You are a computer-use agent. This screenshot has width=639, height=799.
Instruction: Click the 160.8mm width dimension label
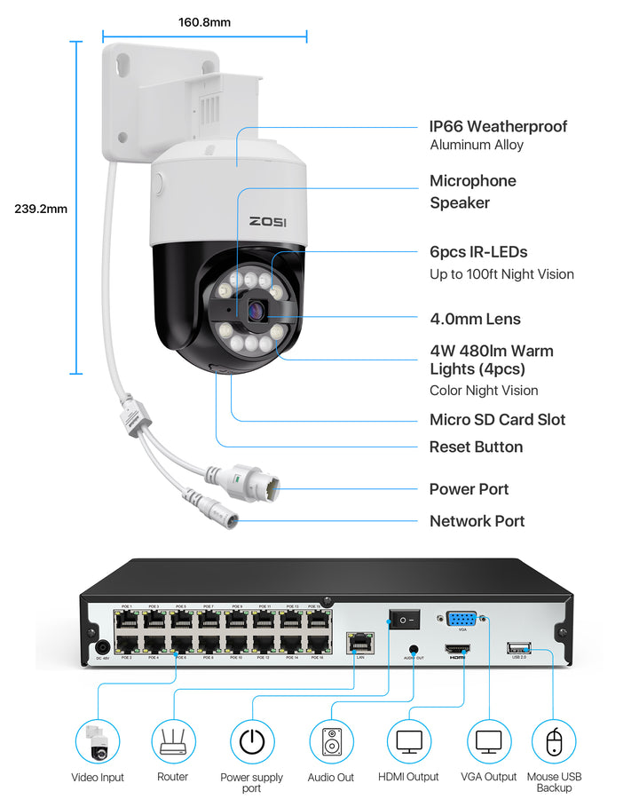point(204,20)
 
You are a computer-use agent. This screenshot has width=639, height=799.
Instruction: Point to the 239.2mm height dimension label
point(41,210)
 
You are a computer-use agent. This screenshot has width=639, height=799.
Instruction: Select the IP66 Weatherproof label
point(498,127)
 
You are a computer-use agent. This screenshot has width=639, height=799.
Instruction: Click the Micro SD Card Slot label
point(497,420)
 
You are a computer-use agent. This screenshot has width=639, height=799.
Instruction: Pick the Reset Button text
point(476,447)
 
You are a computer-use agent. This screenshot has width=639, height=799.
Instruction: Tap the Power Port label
point(469,489)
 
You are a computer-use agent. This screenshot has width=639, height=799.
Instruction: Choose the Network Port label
point(477,521)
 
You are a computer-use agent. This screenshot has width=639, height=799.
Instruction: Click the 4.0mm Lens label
point(475,319)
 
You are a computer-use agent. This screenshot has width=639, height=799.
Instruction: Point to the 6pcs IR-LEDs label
point(478,252)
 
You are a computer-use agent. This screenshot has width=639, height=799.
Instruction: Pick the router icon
point(173,740)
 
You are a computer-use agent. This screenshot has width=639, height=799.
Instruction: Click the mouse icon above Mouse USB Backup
point(554,741)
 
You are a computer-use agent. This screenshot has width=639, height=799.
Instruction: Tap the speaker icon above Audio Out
point(331,741)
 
